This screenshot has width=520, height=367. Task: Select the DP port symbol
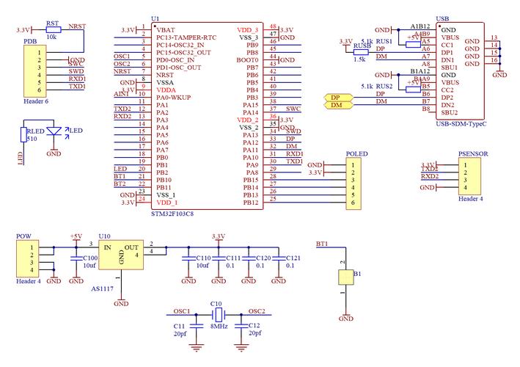pos(335,97)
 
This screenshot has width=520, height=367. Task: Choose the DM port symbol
pos(335,106)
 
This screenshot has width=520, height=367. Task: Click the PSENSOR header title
pos(473,155)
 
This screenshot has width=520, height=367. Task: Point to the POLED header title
pos(356,155)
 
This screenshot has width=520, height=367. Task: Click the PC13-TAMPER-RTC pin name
pos(186,37)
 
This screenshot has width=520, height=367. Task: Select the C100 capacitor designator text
pos(90,258)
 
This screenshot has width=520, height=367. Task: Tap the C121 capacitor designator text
pos(293,258)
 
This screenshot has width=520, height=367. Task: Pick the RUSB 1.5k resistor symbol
pos(360,52)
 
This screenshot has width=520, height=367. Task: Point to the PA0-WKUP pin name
pos(173,97)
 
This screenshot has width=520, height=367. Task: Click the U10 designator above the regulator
pos(104,236)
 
